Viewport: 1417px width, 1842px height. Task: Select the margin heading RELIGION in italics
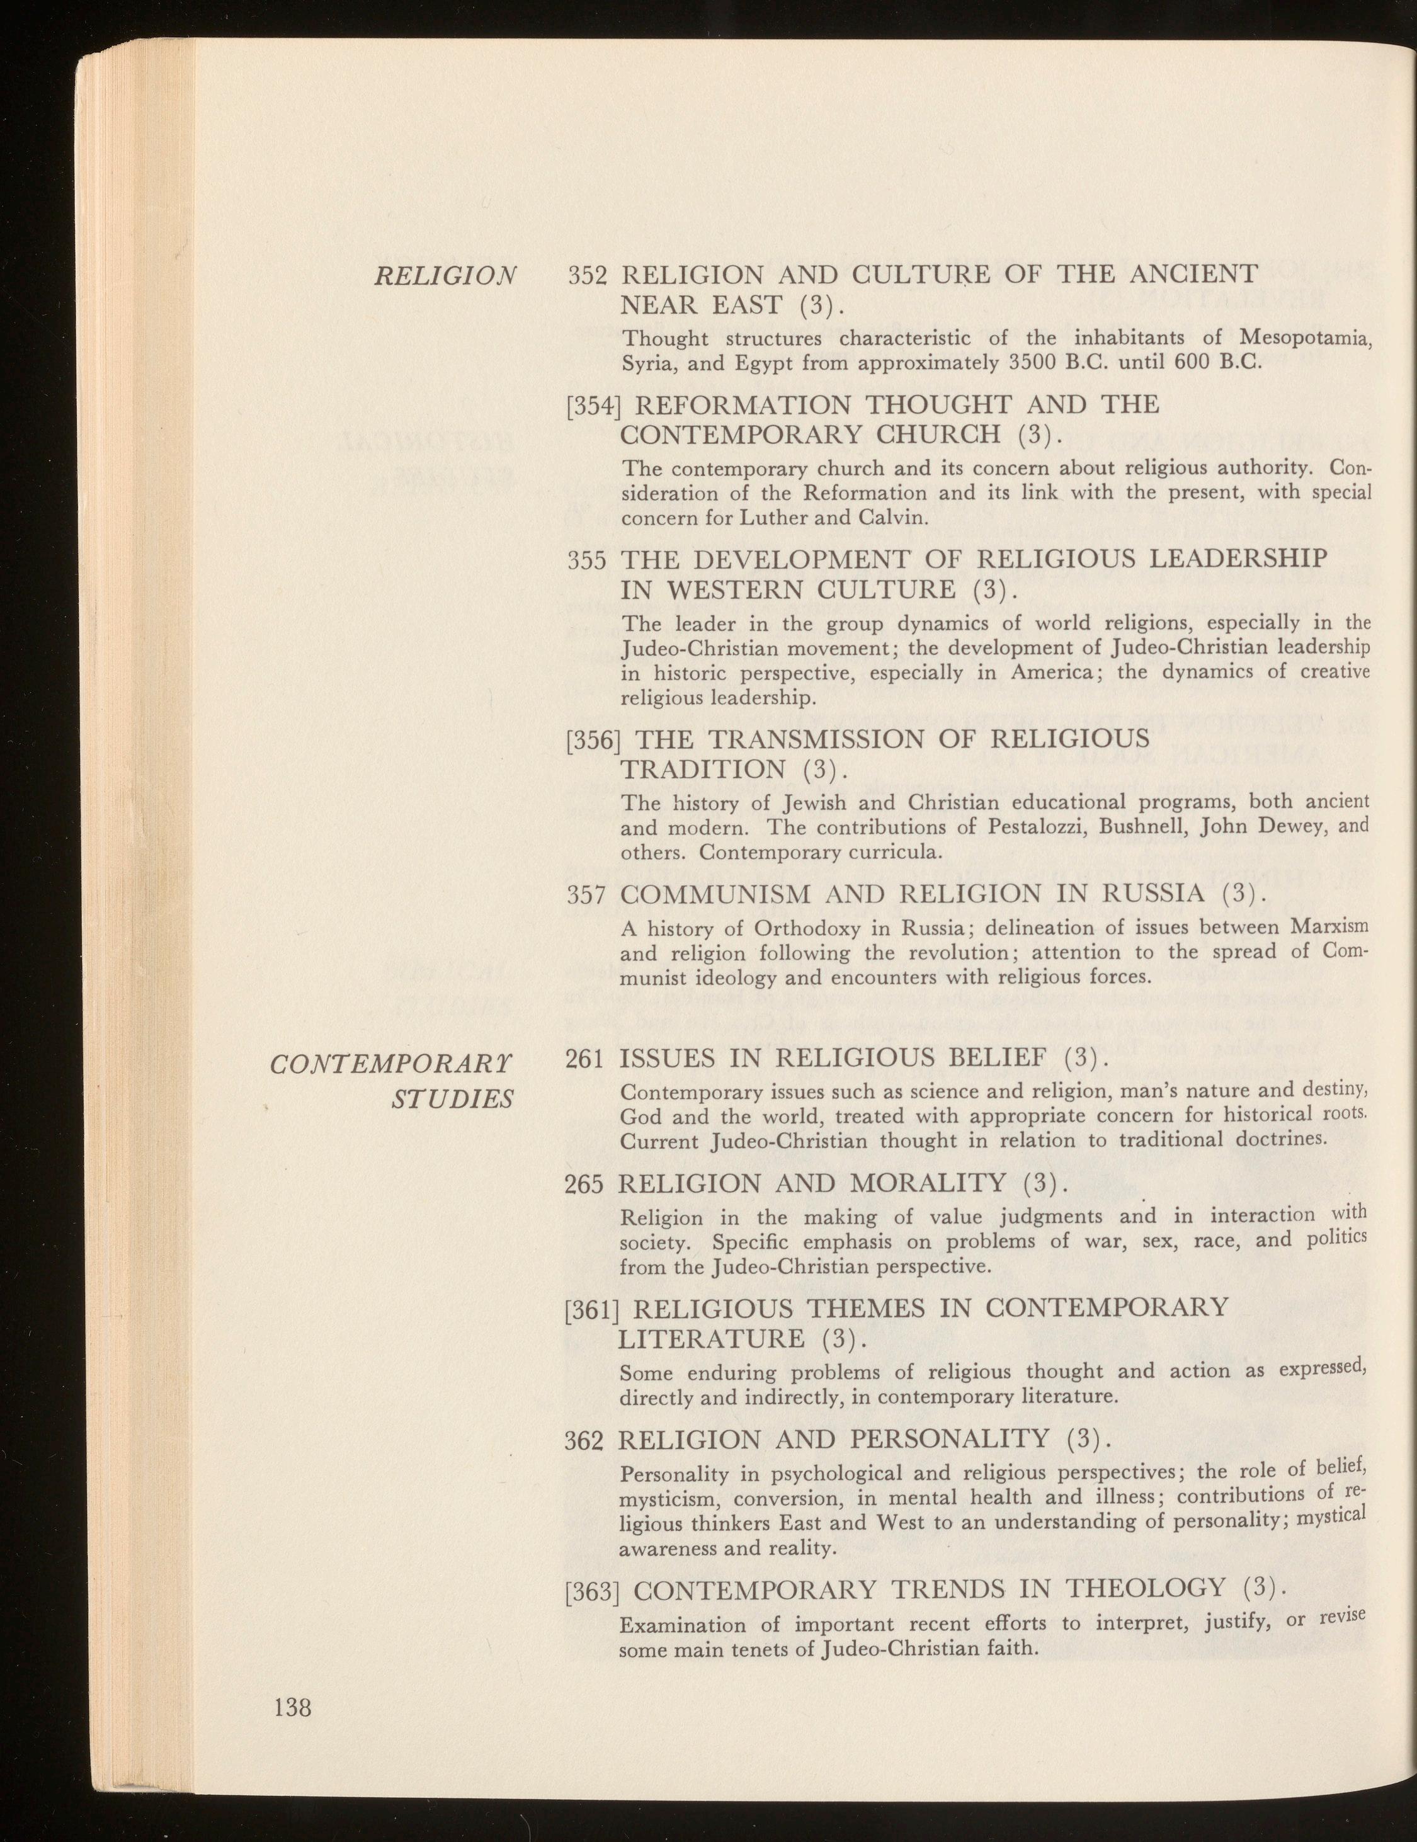445,276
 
